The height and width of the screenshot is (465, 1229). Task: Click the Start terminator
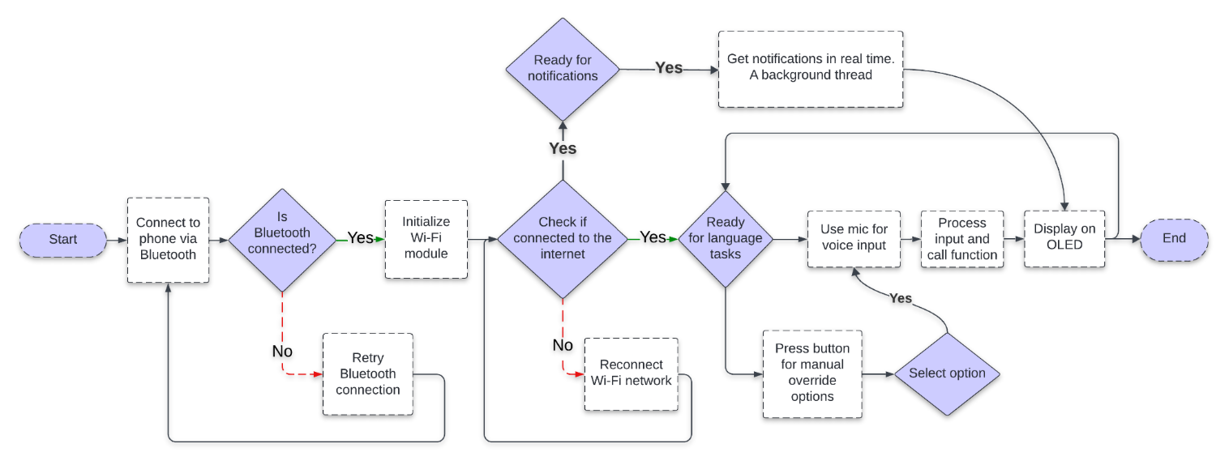point(63,240)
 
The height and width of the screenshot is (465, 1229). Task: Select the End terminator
point(1174,239)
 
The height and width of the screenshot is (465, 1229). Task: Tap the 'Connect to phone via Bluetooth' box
point(168,240)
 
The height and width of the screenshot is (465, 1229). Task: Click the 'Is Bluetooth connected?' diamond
point(282,240)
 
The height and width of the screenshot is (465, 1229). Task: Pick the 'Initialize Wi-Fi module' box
point(426,238)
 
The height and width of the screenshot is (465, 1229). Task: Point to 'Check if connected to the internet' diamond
point(563,239)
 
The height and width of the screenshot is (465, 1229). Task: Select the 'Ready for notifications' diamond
point(563,69)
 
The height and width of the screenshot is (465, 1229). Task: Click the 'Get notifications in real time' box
point(811,69)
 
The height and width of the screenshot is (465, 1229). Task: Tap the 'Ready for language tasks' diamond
point(725,239)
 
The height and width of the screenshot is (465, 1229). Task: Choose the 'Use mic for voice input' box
point(854,238)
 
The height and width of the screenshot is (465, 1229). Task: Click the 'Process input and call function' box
point(961,239)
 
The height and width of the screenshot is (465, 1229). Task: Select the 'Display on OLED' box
point(1064,238)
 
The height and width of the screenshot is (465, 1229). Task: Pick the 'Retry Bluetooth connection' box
point(367,374)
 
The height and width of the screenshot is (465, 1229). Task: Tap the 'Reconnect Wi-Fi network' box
point(631,373)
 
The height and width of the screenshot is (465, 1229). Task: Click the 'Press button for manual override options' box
point(812,373)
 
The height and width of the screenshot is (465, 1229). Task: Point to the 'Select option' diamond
point(947,373)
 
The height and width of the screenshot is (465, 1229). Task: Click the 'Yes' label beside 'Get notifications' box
point(669,69)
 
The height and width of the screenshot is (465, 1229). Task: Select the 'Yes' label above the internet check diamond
point(563,148)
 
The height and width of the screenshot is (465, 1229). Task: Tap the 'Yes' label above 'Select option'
point(901,299)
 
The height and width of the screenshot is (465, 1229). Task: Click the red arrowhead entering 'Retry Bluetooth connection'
point(317,374)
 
